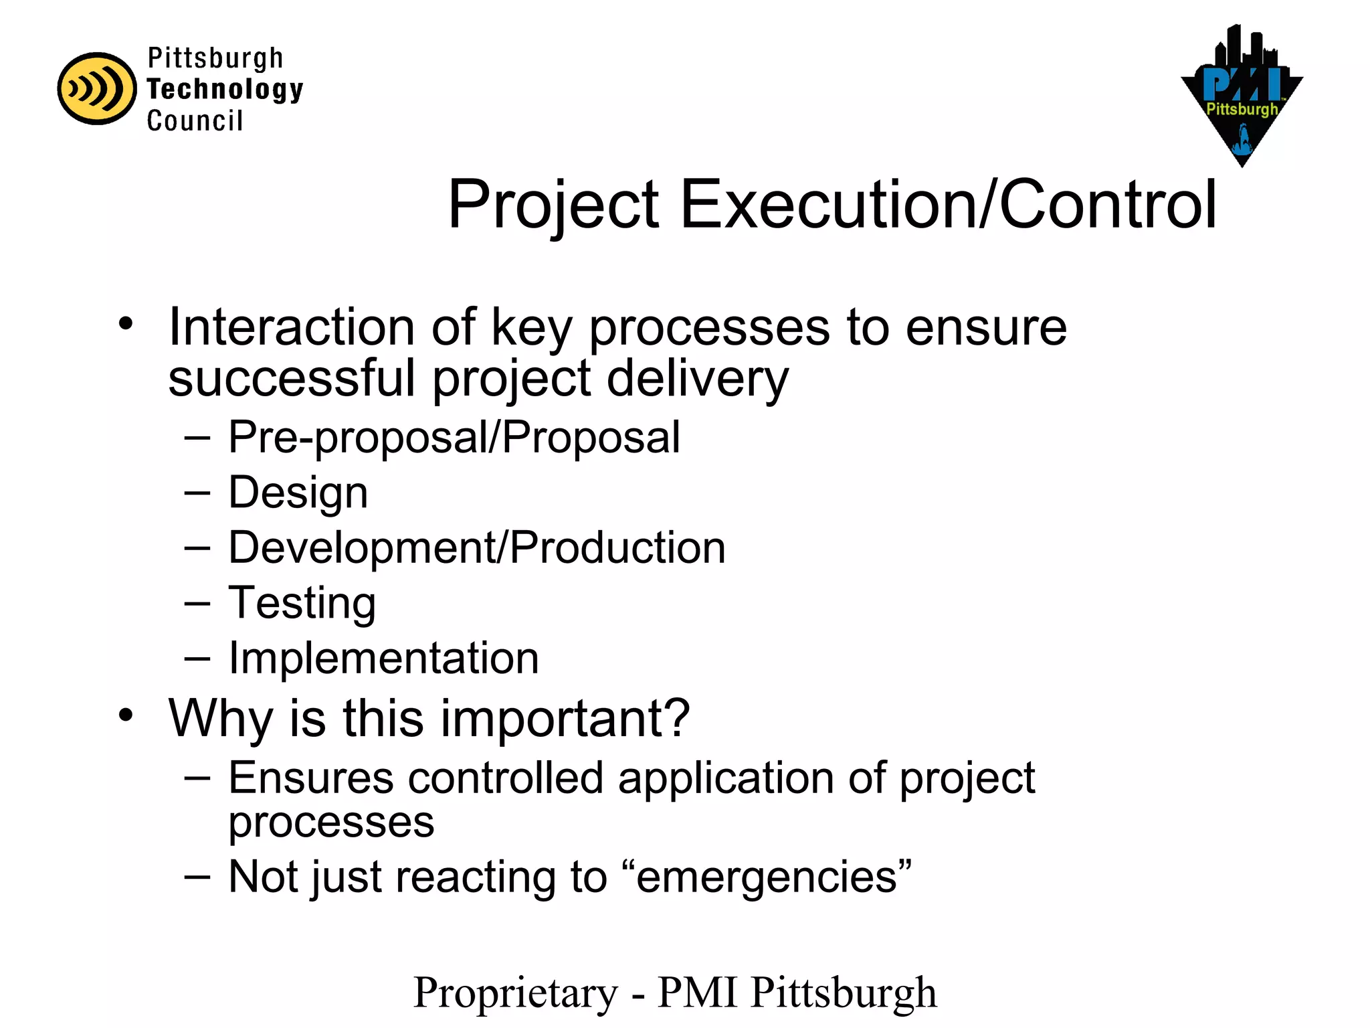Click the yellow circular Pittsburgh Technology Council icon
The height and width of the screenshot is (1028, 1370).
(x=97, y=88)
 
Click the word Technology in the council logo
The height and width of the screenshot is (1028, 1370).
(x=225, y=90)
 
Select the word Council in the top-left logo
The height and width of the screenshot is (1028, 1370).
(x=195, y=121)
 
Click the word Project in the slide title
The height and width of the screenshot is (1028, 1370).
(x=554, y=205)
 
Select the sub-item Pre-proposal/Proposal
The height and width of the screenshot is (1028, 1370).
(x=454, y=438)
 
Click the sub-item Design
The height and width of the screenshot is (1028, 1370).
(x=298, y=493)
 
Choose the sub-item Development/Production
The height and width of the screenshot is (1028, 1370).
(x=476, y=548)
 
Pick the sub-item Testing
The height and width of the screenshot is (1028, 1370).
(x=302, y=603)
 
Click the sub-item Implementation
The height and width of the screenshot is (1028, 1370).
(x=383, y=658)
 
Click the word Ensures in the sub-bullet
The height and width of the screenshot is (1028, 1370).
(x=311, y=778)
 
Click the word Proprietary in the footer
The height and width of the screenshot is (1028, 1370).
(x=516, y=992)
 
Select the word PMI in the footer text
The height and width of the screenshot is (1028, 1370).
(x=698, y=992)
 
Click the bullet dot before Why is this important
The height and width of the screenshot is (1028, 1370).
(x=126, y=715)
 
